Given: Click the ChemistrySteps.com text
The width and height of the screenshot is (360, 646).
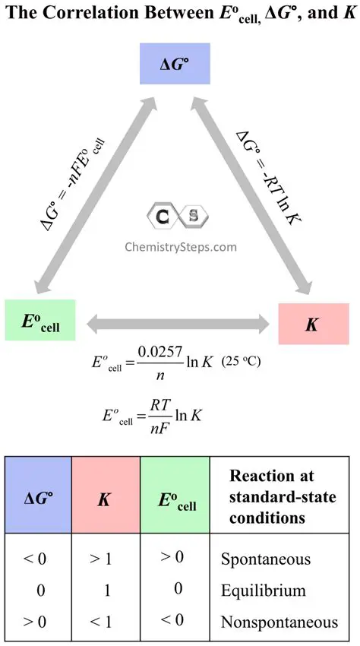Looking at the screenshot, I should (x=180, y=246).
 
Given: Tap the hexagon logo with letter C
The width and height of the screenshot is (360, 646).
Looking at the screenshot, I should (x=162, y=217).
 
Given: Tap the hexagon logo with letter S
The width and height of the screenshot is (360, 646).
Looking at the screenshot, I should (x=193, y=217).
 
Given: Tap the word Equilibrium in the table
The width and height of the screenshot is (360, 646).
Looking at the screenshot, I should (x=263, y=591).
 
